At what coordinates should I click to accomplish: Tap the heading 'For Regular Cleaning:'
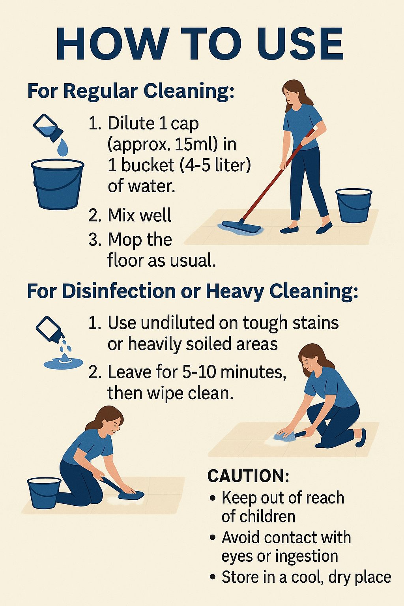(131, 91)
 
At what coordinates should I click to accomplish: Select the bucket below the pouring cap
(57, 183)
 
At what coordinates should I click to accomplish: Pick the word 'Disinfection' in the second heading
(119, 292)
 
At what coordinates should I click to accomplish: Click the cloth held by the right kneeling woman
(286, 435)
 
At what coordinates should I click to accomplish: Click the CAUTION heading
(248, 476)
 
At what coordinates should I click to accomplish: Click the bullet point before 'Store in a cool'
(213, 577)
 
